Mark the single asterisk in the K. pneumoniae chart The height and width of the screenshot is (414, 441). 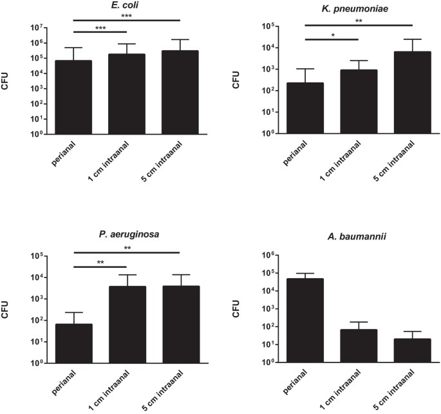pos(332,36)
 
